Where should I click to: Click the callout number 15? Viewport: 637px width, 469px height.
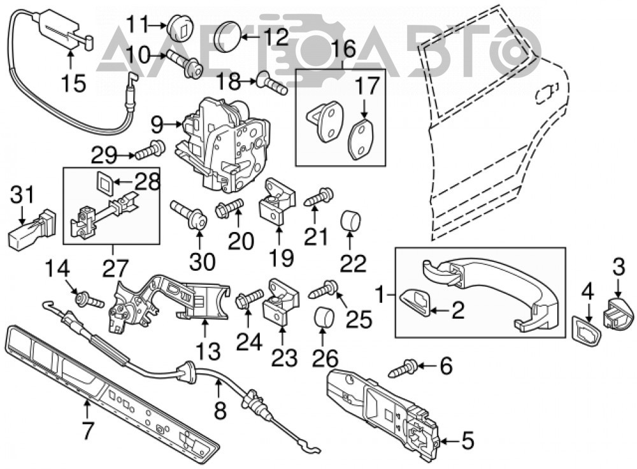(74, 83)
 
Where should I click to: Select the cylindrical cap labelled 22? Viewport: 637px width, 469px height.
(350, 220)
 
